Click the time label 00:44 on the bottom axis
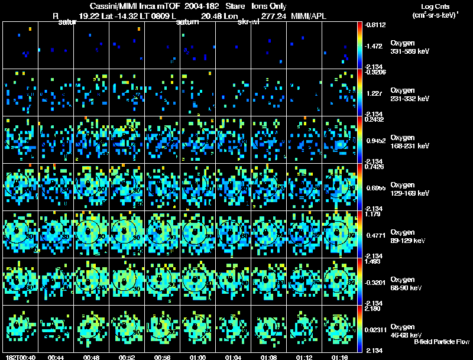point(56,357)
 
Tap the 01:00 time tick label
point(198,357)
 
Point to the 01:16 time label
point(339,357)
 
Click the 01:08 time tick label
point(268,357)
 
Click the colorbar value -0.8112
point(375,25)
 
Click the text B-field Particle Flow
point(442,342)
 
